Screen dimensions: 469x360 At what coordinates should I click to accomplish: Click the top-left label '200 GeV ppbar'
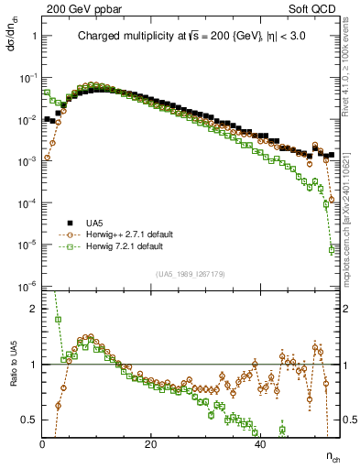76,8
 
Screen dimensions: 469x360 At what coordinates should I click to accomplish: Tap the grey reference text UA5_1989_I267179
191,274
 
